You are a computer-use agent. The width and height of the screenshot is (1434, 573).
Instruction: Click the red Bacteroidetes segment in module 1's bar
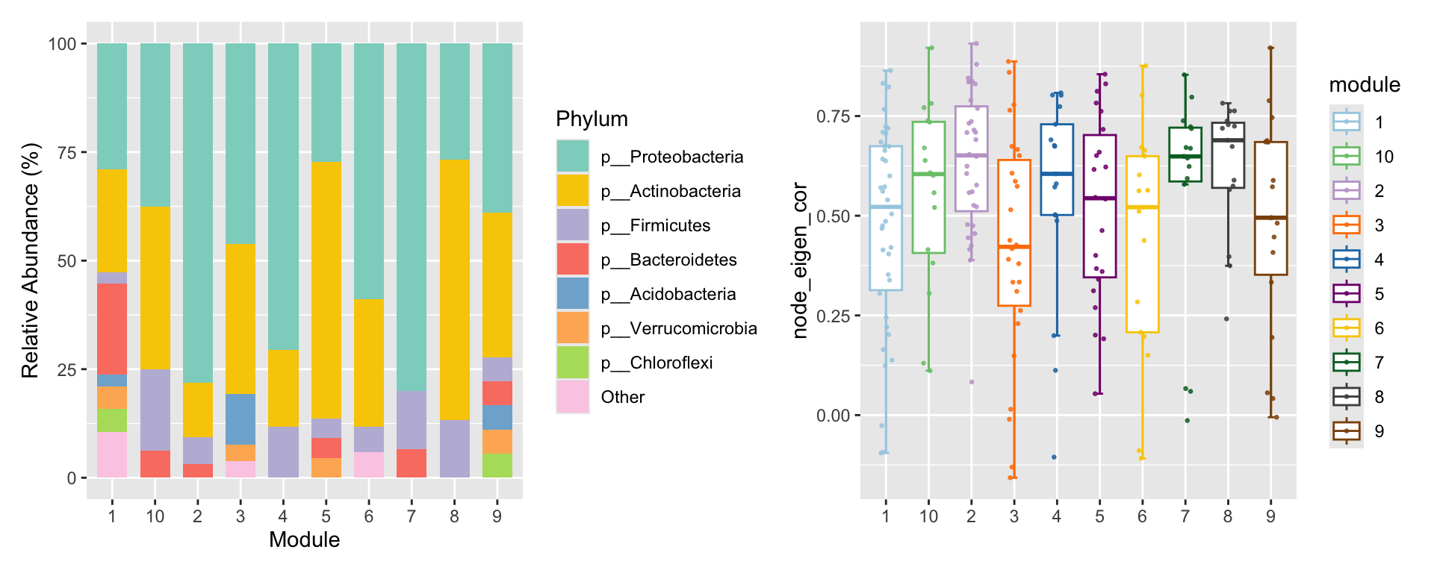(x=112, y=328)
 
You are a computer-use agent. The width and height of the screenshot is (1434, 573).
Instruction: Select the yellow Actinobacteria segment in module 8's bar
(x=454, y=289)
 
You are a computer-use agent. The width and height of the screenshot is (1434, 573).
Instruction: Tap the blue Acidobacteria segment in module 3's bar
(x=240, y=419)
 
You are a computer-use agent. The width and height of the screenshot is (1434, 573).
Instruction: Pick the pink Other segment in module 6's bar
(x=368, y=464)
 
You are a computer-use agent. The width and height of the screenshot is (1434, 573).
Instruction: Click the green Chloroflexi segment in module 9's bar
(x=497, y=465)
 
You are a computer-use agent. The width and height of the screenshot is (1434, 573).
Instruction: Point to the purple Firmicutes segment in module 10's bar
(x=155, y=410)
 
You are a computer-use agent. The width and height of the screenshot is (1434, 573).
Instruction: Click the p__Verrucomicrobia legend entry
(x=678, y=328)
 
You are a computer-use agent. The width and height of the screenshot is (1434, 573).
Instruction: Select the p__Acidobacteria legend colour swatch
(x=573, y=294)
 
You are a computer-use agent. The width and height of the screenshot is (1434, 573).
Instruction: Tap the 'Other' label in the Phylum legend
(x=622, y=397)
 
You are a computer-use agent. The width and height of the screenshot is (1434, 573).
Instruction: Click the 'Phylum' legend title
(x=592, y=119)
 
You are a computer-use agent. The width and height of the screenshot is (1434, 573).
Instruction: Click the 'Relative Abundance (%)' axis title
(x=30, y=261)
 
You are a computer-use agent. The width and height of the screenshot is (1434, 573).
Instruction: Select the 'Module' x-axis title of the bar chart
(x=304, y=539)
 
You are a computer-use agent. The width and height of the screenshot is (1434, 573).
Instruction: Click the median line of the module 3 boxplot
(x=1014, y=246)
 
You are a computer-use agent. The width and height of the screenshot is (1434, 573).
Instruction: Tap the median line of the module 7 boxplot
(x=1185, y=156)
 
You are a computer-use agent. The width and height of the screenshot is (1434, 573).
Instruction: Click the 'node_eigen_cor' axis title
(x=801, y=261)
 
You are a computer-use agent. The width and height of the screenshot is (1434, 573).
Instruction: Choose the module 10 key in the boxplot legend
(x=1347, y=157)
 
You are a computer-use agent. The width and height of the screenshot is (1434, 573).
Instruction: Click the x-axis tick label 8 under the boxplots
(x=1228, y=516)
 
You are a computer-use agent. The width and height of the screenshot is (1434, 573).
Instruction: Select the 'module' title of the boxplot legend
(x=1365, y=85)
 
